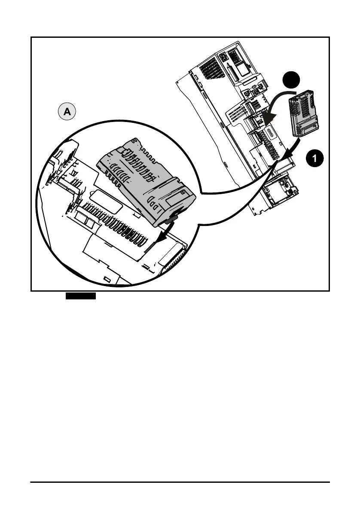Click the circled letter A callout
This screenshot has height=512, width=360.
(x=67, y=112)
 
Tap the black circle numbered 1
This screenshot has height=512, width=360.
(x=315, y=158)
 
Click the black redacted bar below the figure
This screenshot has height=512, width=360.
(x=80, y=296)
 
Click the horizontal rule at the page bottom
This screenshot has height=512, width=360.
(x=180, y=482)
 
